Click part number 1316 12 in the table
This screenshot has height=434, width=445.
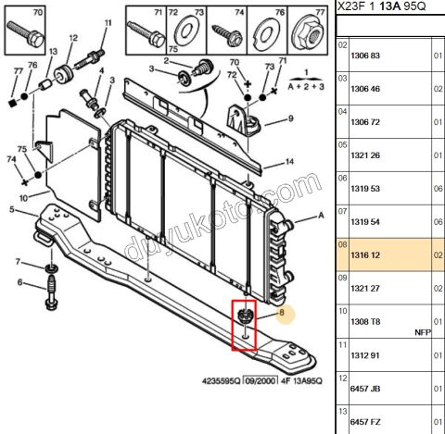(365, 255)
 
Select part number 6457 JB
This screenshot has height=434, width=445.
(365, 389)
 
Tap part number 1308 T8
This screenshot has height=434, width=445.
(365, 322)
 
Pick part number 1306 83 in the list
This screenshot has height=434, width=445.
(365, 56)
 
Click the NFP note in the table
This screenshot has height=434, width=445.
(423, 332)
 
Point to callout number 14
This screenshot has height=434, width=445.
(289, 162)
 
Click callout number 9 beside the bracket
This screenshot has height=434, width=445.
(290, 118)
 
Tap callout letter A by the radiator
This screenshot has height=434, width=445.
(321, 216)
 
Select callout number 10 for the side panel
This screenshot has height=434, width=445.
(23, 198)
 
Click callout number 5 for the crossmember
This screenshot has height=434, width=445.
(12, 210)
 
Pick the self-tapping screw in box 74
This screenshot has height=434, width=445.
(227, 34)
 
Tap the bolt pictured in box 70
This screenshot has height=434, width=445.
(26, 34)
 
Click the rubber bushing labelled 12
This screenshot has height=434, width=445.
(64, 74)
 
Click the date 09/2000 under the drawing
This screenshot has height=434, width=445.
(260, 381)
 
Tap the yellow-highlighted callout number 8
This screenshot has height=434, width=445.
(282, 313)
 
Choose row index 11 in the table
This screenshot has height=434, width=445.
(342, 344)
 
